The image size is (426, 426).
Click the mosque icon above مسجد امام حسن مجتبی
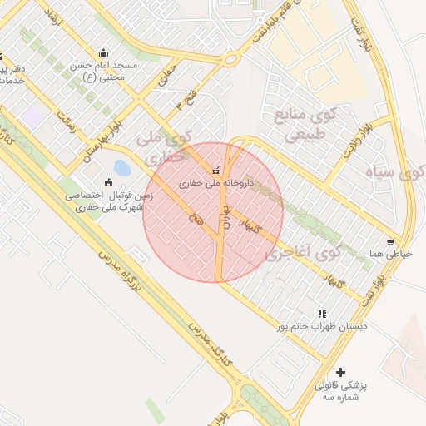(103, 52)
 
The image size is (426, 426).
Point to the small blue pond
(121, 168)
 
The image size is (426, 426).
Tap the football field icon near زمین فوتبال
(108, 183)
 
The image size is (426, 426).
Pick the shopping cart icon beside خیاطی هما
(390, 242)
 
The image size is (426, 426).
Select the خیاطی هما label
(389, 254)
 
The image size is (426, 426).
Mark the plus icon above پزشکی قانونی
(339, 372)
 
